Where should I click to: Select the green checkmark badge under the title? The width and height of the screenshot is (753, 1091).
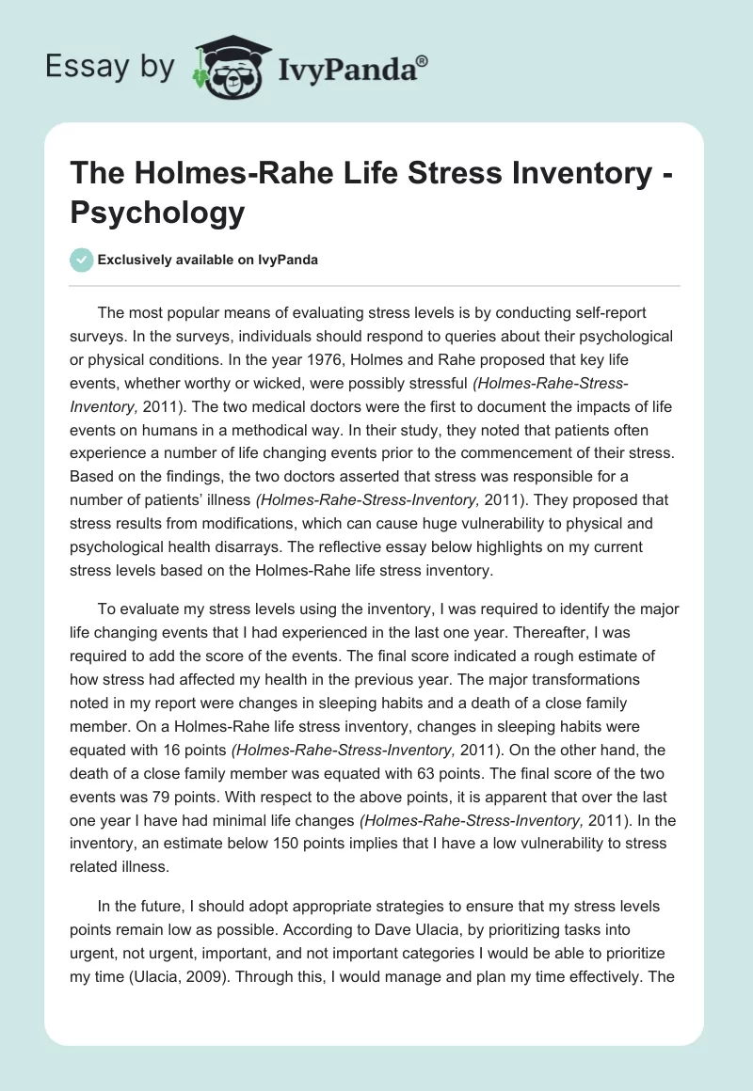pos(82,260)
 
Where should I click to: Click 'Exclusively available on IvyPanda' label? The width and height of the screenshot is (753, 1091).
pos(208,260)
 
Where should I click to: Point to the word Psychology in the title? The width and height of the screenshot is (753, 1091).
pos(158,213)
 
